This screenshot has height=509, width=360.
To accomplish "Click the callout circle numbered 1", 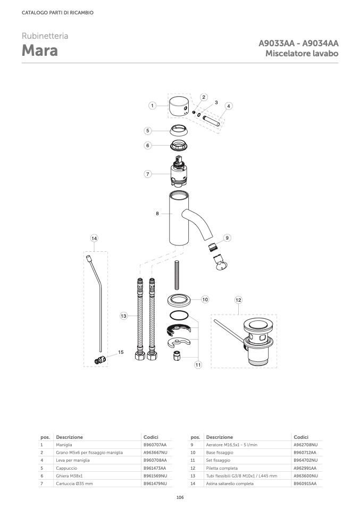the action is [x=152, y=106].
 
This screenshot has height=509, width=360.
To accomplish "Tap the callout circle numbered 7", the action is [x=148, y=174].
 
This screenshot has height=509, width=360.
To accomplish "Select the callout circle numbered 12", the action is [x=238, y=300].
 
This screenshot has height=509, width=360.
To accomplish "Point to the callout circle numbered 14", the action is [x=94, y=238].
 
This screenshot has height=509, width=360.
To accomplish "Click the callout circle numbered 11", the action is [x=198, y=365].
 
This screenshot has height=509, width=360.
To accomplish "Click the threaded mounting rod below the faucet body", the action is [x=177, y=275].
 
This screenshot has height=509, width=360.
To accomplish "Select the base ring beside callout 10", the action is [x=179, y=300].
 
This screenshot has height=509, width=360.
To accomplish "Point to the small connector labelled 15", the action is [x=100, y=360].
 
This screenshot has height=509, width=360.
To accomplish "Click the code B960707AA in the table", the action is [x=155, y=445].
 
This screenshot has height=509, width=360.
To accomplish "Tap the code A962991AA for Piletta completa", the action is [x=305, y=468].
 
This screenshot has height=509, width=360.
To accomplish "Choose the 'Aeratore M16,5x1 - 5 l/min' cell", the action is [x=232, y=445].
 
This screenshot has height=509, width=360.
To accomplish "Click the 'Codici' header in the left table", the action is [x=151, y=437].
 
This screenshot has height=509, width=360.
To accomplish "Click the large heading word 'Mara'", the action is [x=40, y=50].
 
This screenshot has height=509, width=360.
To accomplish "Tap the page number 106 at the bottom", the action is [x=180, y=497].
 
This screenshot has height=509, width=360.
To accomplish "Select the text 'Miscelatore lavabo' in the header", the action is [x=302, y=53].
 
